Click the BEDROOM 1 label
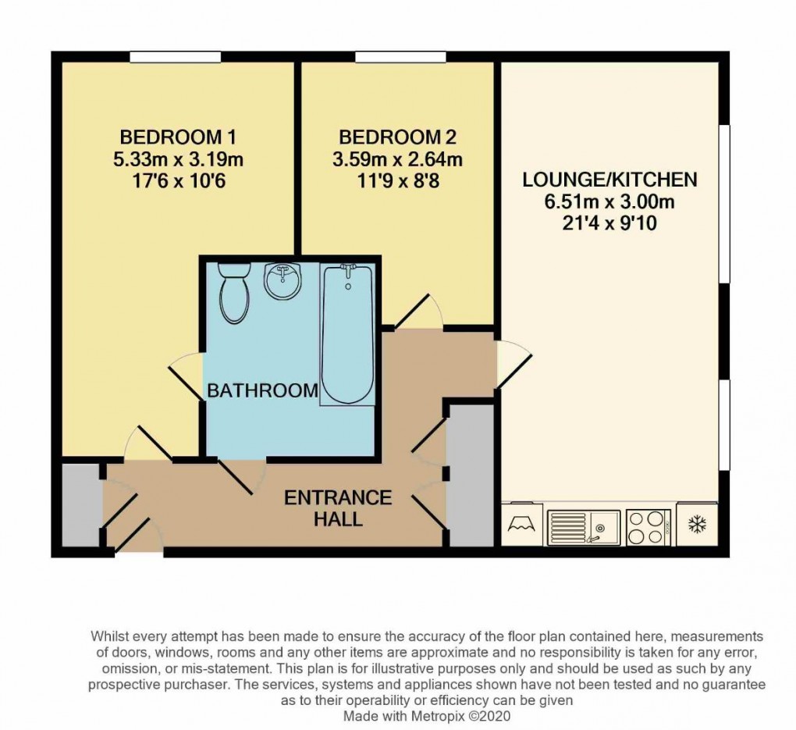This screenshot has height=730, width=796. [178, 137]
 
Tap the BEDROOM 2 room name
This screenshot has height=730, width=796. [397, 137]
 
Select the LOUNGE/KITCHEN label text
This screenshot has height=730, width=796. [609, 180]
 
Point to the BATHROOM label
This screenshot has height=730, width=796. [262, 390]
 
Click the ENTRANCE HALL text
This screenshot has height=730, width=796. [337, 507]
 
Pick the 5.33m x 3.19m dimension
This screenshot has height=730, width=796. [178, 161]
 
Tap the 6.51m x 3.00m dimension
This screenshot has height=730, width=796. [609, 202]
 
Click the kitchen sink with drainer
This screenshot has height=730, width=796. [584, 526]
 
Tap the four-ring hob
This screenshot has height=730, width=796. [649, 526]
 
